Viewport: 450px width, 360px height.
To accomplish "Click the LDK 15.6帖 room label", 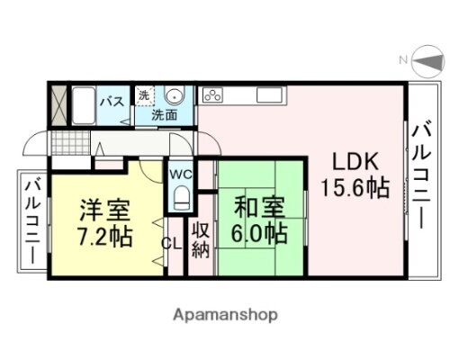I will click(x=355, y=175).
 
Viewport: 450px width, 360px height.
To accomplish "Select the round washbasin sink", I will click(x=175, y=97).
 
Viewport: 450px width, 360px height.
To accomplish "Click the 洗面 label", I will click(x=164, y=114).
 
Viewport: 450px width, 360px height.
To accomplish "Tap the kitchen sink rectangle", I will click(x=267, y=94).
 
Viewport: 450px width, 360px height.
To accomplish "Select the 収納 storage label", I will click(x=200, y=239).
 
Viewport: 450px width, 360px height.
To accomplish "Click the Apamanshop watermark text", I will click(x=225, y=315).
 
